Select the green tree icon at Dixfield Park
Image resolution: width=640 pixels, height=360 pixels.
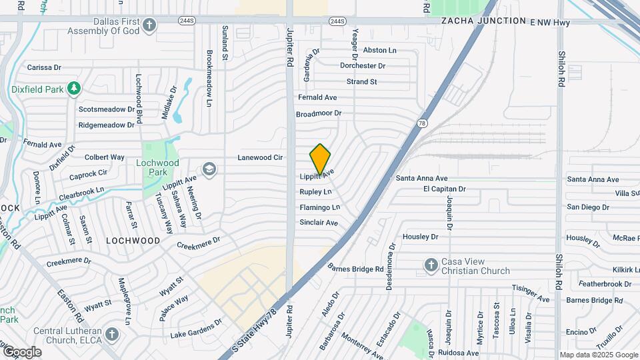(x=74, y=88)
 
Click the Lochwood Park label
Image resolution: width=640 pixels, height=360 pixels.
(x=157, y=167)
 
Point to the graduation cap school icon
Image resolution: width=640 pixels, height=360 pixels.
(x=209, y=169)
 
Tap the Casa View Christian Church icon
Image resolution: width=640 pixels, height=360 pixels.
(x=431, y=266)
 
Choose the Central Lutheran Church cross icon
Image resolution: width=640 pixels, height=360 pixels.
(x=111, y=333)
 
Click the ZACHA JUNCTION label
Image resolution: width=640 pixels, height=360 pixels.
(x=483, y=21)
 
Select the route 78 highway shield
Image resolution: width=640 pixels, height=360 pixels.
(x=422, y=123)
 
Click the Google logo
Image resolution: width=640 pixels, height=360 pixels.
(x=21, y=351)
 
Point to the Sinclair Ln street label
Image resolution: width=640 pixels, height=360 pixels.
(x=320, y=223)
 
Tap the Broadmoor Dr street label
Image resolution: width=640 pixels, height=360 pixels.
(x=319, y=114)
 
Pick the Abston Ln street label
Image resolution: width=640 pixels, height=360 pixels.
(x=379, y=50)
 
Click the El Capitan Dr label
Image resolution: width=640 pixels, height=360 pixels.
(x=443, y=189)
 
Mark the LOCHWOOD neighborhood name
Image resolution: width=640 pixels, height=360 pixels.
(x=133, y=240)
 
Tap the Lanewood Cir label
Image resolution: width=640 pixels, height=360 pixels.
(x=261, y=158)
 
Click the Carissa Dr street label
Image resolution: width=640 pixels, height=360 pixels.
(x=44, y=67)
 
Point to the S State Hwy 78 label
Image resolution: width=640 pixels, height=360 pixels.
(x=253, y=331)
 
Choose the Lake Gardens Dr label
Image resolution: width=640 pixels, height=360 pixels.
(x=196, y=329)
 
